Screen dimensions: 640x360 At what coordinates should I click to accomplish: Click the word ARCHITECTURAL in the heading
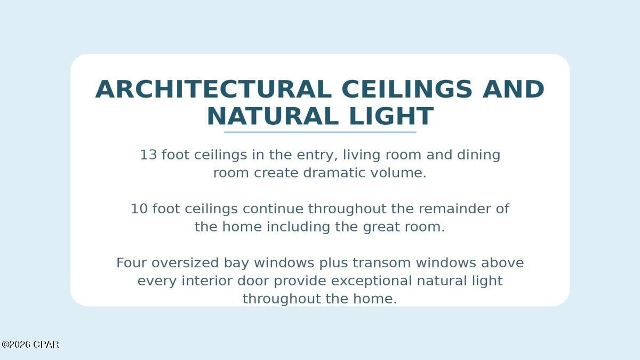pyautogui.click(x=213, y=89)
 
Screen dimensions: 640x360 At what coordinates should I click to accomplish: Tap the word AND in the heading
pyautogui.click(x=513, y=89)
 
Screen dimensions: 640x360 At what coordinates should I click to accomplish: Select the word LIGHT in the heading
pyautogui.click(x=391, y=116)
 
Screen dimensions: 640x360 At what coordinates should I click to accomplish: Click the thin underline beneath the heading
pyautogui.click(x=320, y=132)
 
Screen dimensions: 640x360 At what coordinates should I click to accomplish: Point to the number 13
pyautogui.click(x=149, y=155)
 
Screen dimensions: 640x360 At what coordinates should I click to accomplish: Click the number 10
pyautogui.click(x=139, y=209)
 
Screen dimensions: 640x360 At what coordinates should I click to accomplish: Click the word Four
pyautogui.click(x=131, y=263)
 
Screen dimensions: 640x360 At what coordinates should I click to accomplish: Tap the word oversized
pyautogui.click(x=185, y=263)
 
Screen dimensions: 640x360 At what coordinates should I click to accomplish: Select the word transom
pyautogui.click(x=381, y=263)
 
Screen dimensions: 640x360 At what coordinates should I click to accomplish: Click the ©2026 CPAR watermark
pyautogui.click(x=30, y=345)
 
